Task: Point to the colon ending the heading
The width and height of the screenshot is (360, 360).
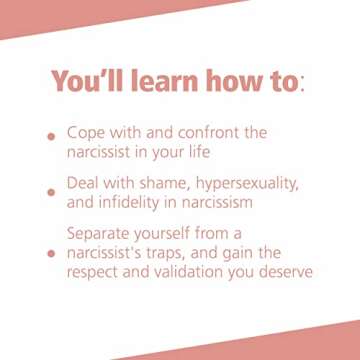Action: (304, 83)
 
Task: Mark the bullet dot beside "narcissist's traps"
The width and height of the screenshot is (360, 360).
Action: (50, 254)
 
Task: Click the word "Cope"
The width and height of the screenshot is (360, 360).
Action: (87, 132)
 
